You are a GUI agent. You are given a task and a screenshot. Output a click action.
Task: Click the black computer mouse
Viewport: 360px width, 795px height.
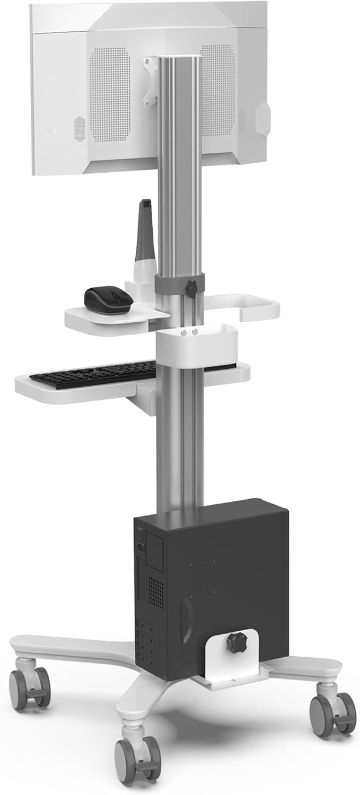[108, 299]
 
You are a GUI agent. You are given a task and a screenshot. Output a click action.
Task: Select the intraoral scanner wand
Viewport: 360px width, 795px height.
[146, 238]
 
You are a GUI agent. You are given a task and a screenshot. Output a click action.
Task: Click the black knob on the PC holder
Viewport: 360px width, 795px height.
[237, 642]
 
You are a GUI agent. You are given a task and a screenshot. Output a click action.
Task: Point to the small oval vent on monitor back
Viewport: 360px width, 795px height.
[79, 130]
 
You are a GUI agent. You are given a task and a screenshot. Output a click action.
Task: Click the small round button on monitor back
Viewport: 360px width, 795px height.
[53, 129]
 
